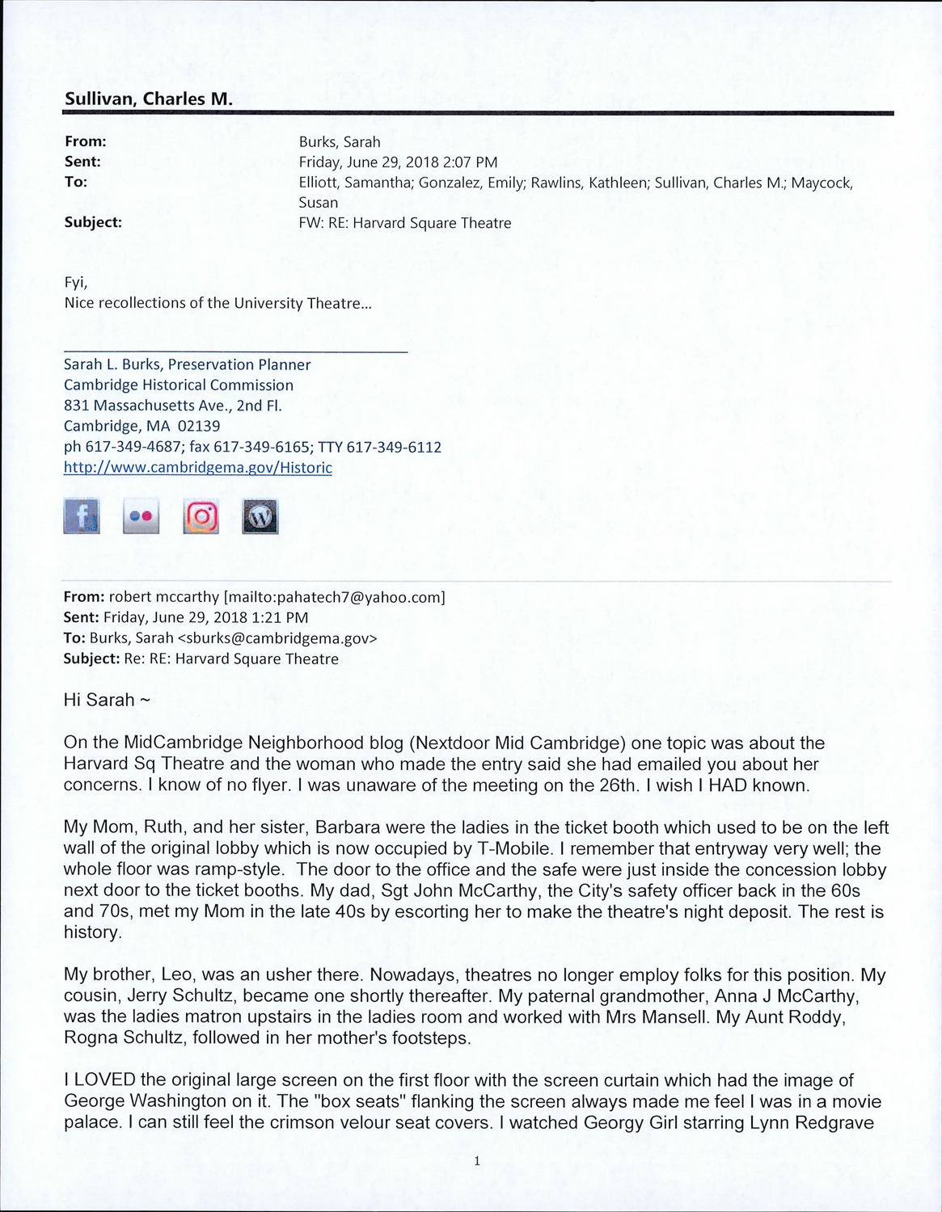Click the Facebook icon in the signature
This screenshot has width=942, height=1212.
point(82,516)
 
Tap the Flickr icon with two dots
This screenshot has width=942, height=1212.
point(141,516)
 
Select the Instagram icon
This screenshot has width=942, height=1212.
point(201,516)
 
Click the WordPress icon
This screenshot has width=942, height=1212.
point(260,516)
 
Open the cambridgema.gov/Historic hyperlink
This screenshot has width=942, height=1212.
point(197,468)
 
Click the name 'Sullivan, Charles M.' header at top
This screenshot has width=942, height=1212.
point(149,99)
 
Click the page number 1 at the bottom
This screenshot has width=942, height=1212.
point(477,1161)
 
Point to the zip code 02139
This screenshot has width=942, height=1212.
point(199,426)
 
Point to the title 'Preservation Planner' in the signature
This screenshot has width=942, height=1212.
point(239,364)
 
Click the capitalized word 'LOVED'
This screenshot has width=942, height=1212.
point(105,1080)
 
